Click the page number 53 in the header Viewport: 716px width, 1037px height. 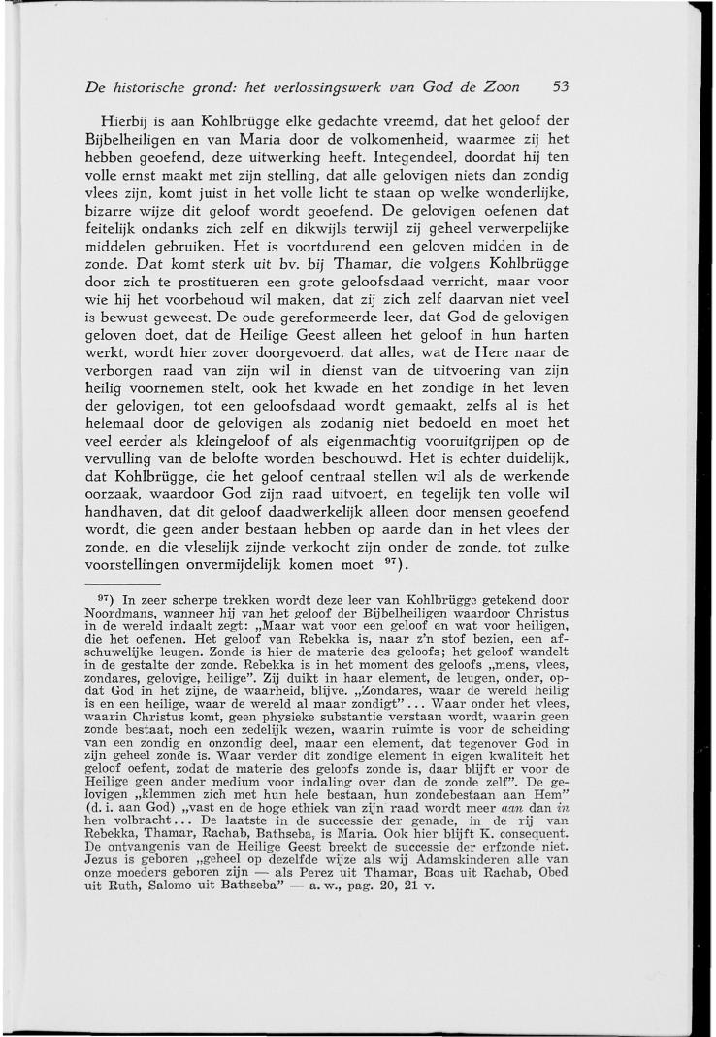pos(560,86)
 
